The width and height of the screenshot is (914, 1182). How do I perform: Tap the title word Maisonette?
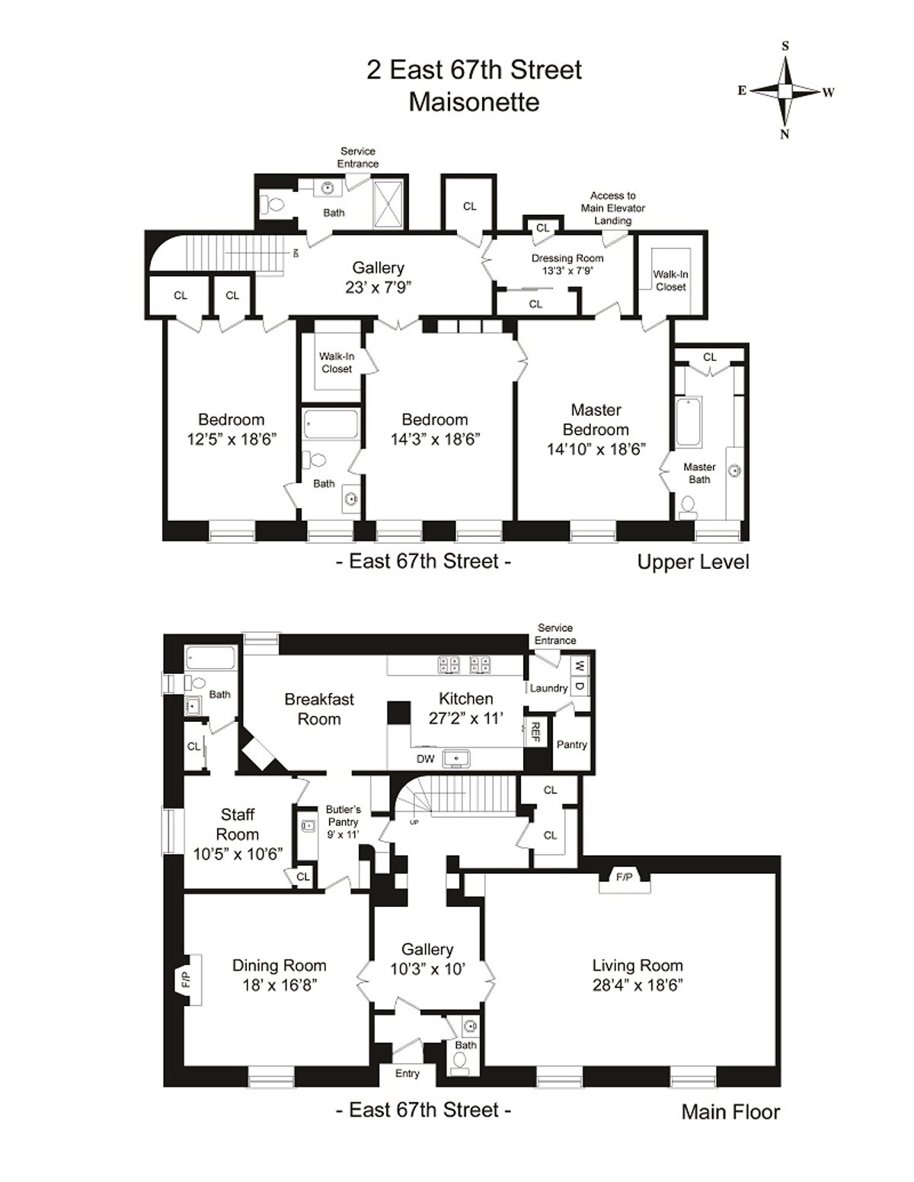click(x=474, y=102)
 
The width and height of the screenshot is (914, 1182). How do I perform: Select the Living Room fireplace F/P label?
click(x=624, y=877)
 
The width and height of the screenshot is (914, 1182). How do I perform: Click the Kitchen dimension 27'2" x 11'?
click(x=465, y=717)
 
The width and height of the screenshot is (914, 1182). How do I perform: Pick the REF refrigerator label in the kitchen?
click(x=535, y=733)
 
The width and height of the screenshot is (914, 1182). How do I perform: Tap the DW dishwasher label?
click(x=425, y=759)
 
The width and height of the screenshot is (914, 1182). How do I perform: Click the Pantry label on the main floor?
click(x=571, y=744)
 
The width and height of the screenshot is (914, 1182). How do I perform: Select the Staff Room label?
click(x=238, y=824)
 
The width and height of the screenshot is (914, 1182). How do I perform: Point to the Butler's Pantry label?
click(x=343, y=816)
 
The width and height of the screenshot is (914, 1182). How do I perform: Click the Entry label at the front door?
click(x=407, y=1073)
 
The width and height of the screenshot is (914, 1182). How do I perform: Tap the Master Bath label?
click(x=699, y=473)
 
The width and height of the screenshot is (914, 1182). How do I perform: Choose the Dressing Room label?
click(x=567, y=258)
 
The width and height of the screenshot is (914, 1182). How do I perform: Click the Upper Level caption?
click(x=693, y=562)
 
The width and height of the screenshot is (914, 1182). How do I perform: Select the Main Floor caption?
click(x=730, y=1112)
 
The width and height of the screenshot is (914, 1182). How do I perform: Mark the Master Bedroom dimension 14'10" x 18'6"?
click(x=596, y=449)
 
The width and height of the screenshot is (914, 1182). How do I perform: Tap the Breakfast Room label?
click(x=319, y=709)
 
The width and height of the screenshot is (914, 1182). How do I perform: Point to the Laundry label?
click(x=548, y=688)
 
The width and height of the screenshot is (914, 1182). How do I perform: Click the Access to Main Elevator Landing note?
click(x=612, y=208)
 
